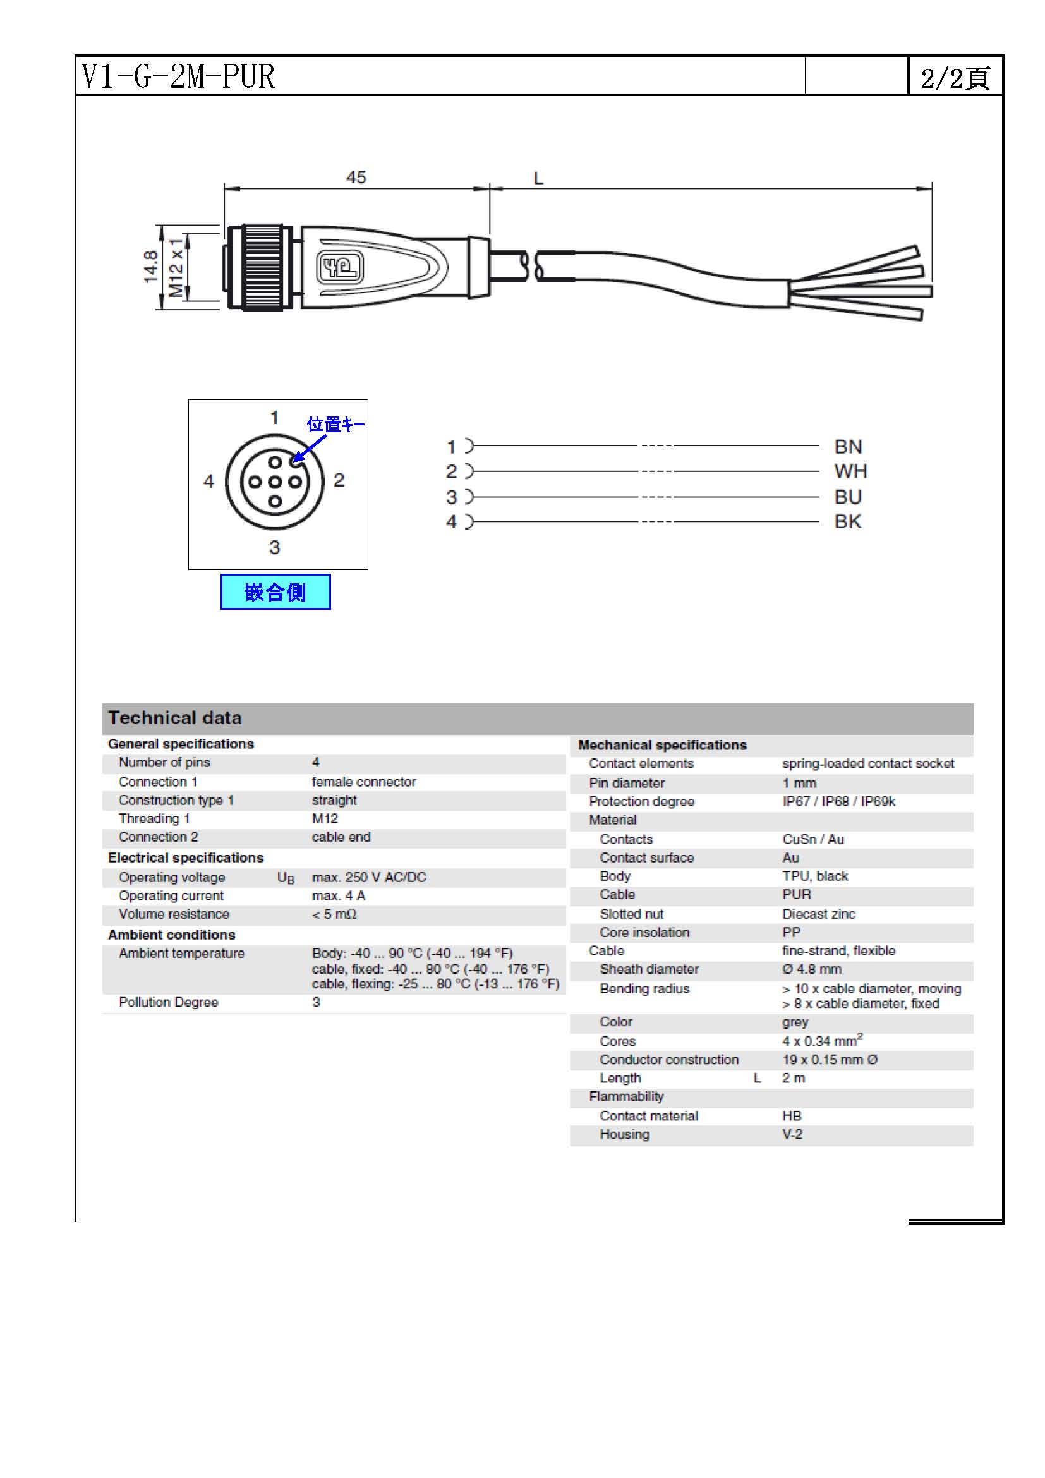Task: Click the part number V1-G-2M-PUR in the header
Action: (178, 76)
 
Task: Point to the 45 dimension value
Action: (356, 177)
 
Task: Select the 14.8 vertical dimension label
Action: (150, 267)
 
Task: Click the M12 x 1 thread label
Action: (176, 267)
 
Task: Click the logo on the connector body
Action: (341, 267)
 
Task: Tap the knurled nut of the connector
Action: (263, 267)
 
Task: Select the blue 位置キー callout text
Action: (335, 424)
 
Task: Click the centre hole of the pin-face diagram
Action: (275, 482)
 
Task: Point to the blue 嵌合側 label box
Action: (275, 591)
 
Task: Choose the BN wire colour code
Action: (847, 447)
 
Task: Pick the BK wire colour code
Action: (847, 521)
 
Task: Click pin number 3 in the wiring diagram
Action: (452, 497)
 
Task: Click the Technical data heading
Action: (175, 718)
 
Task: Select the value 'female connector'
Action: (363, 782)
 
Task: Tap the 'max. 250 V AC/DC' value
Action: (369, 878)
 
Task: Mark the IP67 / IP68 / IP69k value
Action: (838, 801)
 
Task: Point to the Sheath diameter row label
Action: (649, 969)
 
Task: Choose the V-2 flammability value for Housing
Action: (792, 1134)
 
